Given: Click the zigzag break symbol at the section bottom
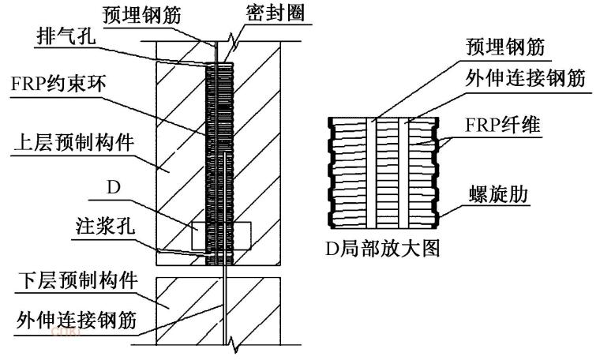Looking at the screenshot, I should tap(233, 343).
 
